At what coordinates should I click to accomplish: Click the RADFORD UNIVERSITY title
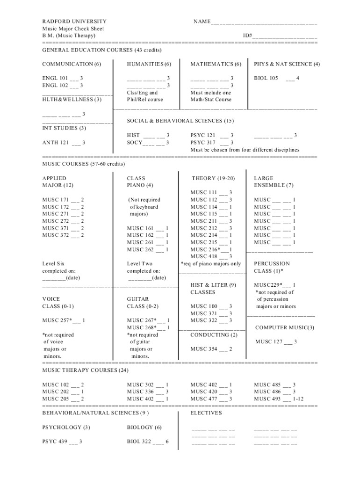[74, 22]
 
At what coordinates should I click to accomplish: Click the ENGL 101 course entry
[63, 78]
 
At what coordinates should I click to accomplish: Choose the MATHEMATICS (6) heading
[216, 64]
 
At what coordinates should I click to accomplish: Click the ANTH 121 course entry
[64, 143]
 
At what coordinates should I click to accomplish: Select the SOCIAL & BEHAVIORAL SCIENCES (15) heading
[180, 121]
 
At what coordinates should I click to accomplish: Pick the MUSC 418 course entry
[211, 256]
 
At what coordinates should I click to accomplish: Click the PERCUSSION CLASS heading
[272, 267]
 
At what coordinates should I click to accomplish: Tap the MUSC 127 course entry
[276, 342]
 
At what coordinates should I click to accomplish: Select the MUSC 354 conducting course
[211, 349]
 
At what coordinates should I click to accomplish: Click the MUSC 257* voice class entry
[64, 320]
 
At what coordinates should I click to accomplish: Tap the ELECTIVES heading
[206, 413]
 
